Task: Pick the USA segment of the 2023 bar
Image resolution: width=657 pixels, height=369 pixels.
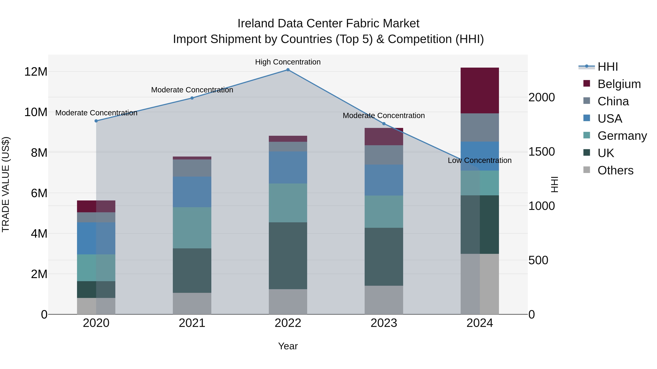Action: [384, 180]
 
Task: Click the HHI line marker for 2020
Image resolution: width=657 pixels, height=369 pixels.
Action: [96, 121]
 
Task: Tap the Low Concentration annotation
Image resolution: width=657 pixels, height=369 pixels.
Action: [479, 160]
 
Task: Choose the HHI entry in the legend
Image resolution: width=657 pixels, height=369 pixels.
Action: [608, 67]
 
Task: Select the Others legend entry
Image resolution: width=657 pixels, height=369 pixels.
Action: [615, 170]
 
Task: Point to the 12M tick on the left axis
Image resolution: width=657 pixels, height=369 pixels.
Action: [36, 72]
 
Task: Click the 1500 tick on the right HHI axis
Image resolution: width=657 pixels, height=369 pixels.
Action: [541, 152]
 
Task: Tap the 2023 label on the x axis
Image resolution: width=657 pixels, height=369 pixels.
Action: [384, 323]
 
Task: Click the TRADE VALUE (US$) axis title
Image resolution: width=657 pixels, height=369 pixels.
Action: [6, 184]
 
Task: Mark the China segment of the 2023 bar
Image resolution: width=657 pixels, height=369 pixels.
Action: [384, 155]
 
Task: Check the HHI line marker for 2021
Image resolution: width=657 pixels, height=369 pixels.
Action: [192, 98]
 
